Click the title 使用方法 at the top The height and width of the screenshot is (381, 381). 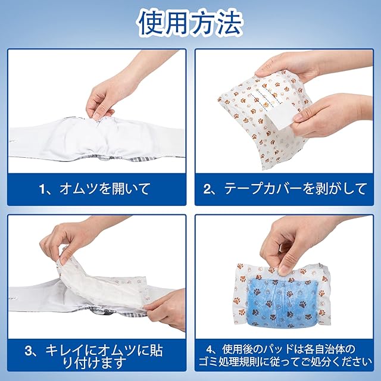(190, 23)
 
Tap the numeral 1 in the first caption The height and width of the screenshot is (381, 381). (43, 189)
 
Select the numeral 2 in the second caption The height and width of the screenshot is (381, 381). (208, 189)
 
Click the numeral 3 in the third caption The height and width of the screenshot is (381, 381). (29, 351)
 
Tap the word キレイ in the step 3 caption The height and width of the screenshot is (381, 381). (65, 351)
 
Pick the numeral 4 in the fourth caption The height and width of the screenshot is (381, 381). (210, 349)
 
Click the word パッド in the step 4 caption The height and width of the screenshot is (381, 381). (279, 349)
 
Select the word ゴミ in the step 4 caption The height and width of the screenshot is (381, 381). (208, 361)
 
